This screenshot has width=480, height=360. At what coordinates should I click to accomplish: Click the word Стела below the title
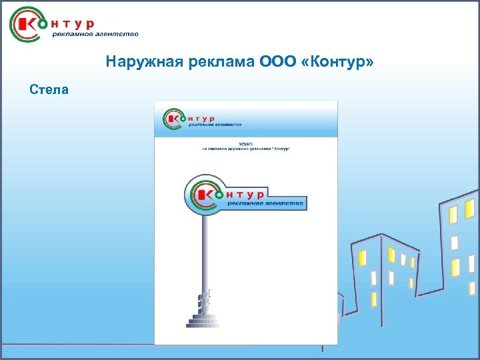(x=49, y=89)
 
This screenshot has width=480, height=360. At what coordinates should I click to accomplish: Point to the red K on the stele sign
(x=201, y=194)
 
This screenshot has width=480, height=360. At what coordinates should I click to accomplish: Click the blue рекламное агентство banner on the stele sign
(x=265, y=203)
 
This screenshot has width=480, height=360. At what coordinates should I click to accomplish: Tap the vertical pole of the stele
(x=205, y=253)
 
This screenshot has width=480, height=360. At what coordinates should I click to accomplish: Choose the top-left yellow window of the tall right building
(x=453, y=215)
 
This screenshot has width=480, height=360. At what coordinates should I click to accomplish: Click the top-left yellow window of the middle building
(x=363, y=258)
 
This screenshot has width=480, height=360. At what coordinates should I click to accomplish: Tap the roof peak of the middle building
(x=380, y=235)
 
